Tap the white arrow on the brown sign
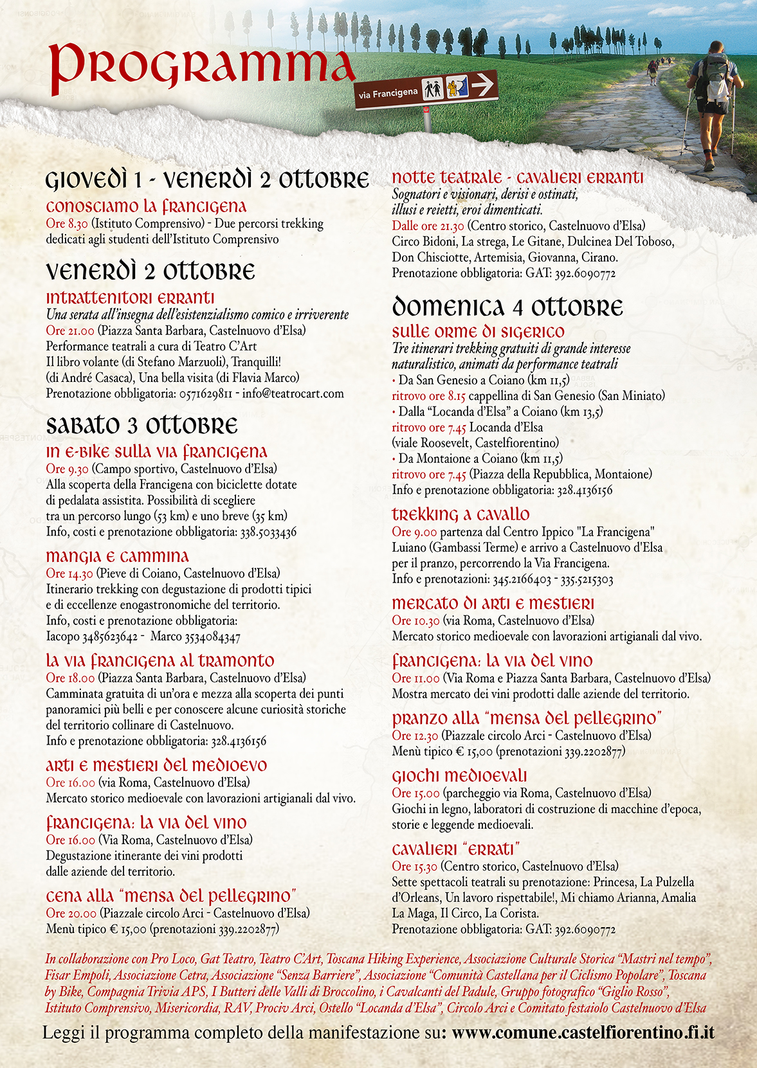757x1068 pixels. coord(482,84)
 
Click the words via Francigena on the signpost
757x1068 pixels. coord(388,94)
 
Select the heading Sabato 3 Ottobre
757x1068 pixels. coord(141,426)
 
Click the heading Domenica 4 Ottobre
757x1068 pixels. coord(507,307)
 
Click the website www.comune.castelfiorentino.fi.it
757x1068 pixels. coord(583,1033)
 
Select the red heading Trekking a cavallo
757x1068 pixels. coord(461,514)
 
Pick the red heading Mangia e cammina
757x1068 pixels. coord(117,556)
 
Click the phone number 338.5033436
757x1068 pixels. coord(268,532)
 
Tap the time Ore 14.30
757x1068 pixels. coord(69,573)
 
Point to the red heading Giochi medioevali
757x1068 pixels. coord(459,776)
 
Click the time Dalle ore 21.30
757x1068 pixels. coord(428,226)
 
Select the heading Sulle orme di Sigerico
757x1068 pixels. coord(478,332)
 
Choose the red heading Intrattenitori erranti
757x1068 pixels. coord(130,298)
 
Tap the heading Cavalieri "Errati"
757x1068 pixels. coord(456,849)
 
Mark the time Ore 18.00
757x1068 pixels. coord(70,678)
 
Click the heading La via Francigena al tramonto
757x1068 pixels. coord(160,660)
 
